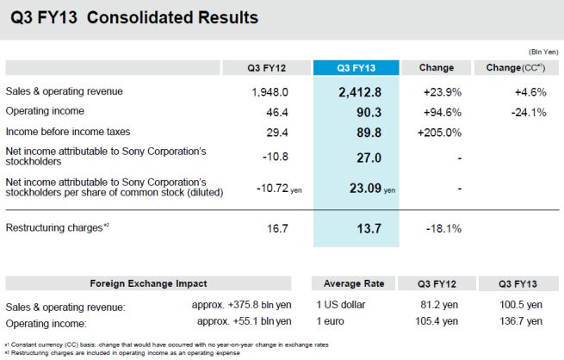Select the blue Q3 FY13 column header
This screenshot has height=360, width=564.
[x=356, y=67]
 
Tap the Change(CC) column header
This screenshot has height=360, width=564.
[x=515, y=67]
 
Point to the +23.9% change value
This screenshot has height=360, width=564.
[x=437, y=92]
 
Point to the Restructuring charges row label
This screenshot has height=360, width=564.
[x=58, y=227]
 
